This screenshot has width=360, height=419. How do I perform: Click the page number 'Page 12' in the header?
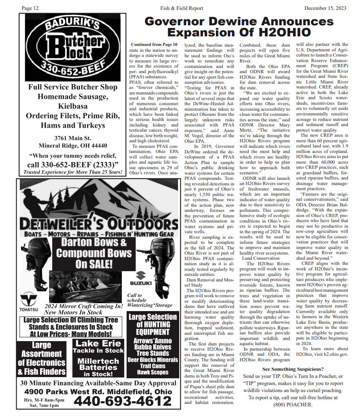pyautogui.click(x=30, y=8)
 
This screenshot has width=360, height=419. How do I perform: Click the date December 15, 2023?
pyautogui.click(x=325, y=8)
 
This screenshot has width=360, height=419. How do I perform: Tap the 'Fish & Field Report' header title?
pyautogui.click(x=182, y=8)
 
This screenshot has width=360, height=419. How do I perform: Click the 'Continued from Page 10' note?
pyautogui.click(x=154, y=45)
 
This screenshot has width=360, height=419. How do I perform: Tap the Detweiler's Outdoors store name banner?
pyautogui.click(x=94, y=224)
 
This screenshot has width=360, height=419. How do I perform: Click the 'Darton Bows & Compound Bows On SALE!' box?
pyautogui.click(x=94, y=253)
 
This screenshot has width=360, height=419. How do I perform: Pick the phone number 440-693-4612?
pyautogui.click(x=122, y=401)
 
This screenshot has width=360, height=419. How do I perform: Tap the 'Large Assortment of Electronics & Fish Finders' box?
pyautogui.click(x=42, y=359)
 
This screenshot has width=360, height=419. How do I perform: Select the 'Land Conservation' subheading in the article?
pyautogui.click(x=260, y=258)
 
